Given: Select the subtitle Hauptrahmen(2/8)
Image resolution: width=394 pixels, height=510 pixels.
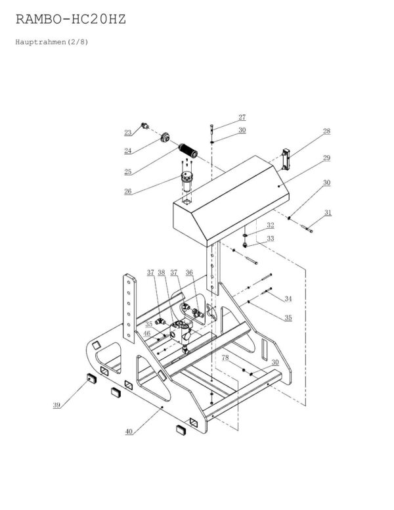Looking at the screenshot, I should [50, 42].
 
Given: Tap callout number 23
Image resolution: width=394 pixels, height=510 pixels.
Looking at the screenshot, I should [128, 133].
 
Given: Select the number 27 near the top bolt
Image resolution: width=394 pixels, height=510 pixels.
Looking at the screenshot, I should [242, 118].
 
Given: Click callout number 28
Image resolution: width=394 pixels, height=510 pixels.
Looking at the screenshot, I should [326, 131].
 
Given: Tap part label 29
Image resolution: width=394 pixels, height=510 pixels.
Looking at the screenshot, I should [326, 158].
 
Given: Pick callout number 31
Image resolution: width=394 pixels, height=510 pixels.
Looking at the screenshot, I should [328, 212].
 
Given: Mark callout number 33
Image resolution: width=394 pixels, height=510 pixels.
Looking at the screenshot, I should [270, 239].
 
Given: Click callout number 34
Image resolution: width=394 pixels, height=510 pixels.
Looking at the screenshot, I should [287, 299].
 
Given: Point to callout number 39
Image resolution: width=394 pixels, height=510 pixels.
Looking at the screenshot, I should [57, 406].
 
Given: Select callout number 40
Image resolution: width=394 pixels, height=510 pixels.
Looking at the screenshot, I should [129, 431].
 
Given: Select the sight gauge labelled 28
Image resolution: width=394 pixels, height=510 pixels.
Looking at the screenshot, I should [286, 159].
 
